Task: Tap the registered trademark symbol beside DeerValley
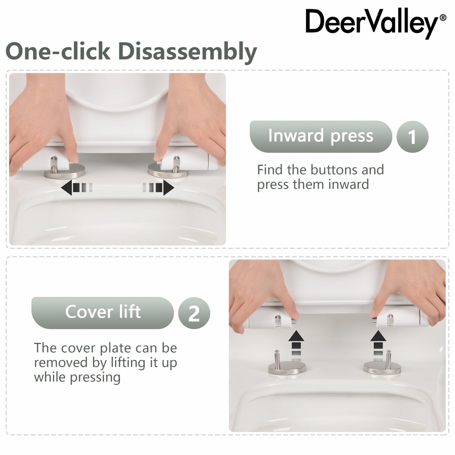click(442, 18)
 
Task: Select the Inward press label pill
click(320, 136)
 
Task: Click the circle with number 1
click(412, 137)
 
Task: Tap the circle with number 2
click(194, 313)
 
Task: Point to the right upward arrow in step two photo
click(378, 341)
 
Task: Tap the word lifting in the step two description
click(130, 362)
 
